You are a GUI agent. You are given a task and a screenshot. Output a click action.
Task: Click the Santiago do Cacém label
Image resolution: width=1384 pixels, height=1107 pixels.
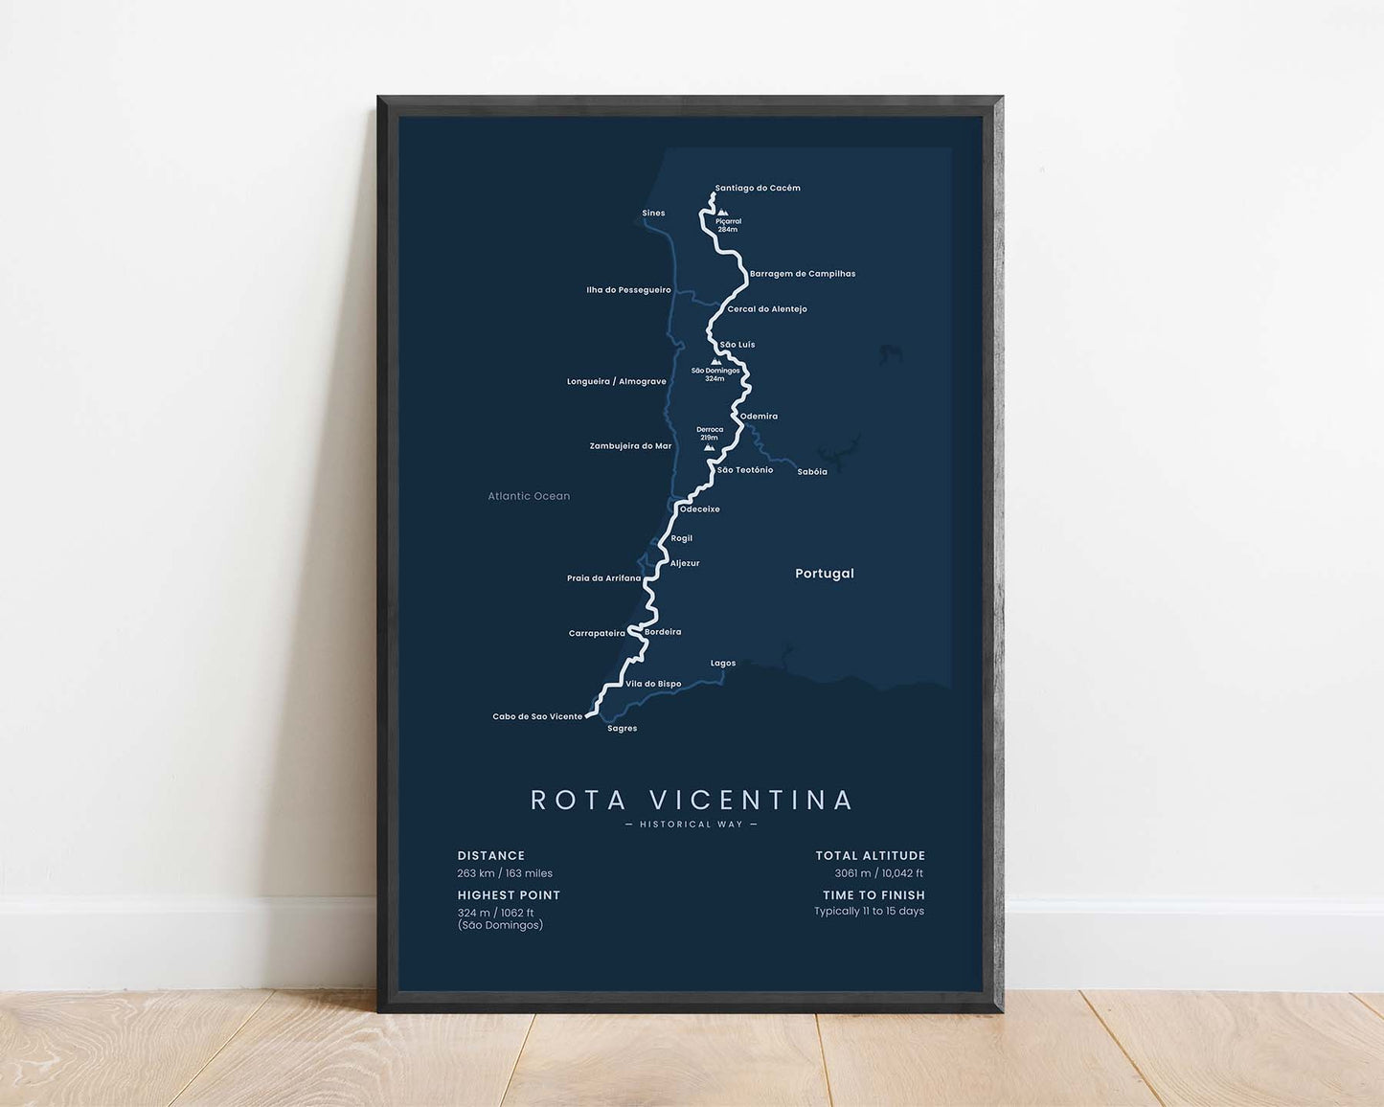point(758,189)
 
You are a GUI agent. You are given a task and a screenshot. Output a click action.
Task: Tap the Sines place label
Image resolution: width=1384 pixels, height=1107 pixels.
point(653,214)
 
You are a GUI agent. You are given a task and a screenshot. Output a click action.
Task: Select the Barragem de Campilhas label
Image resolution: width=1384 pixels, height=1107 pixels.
point(803,274)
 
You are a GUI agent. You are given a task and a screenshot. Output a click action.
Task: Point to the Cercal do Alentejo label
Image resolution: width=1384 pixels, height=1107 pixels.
point(767,309)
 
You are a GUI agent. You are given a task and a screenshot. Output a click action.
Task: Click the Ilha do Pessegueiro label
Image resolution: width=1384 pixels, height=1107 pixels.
point(628,290)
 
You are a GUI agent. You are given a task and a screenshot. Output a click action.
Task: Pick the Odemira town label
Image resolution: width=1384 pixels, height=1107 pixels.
point(759,417)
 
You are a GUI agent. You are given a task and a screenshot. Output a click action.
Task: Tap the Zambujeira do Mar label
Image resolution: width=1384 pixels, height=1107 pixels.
point(630,446)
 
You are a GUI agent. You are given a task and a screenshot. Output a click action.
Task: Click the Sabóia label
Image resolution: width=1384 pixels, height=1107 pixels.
point(812,472)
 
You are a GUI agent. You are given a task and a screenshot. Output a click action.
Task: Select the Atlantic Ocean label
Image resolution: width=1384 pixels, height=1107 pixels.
point(529,496)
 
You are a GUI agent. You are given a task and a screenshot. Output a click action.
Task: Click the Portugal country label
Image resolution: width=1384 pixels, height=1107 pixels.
point(825,574)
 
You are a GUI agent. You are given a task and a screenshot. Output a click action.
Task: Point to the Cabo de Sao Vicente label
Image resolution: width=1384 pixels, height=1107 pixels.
point(537,717)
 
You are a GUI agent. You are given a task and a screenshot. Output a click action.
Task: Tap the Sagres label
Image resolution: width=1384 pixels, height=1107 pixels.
point(623,729)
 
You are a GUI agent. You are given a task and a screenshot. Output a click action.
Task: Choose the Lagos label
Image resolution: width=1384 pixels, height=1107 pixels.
point(723,664)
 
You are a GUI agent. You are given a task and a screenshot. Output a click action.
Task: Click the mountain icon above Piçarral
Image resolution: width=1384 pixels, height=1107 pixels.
point(722,213)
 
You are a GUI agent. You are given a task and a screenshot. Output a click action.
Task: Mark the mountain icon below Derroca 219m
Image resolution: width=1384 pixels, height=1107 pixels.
point(709,447)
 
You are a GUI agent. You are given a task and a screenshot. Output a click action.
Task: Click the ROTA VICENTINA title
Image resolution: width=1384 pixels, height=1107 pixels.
point(692,800)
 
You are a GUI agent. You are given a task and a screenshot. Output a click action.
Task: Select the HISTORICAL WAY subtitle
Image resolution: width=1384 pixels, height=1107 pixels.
point(691,825)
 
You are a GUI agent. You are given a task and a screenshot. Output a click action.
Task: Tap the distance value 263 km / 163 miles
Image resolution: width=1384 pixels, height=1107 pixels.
point(505,873)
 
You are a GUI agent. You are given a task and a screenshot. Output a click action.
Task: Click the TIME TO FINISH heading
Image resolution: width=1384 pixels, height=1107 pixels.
point(874,895)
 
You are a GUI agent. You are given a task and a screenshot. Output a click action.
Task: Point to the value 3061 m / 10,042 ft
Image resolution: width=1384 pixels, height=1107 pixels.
point(878,873)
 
